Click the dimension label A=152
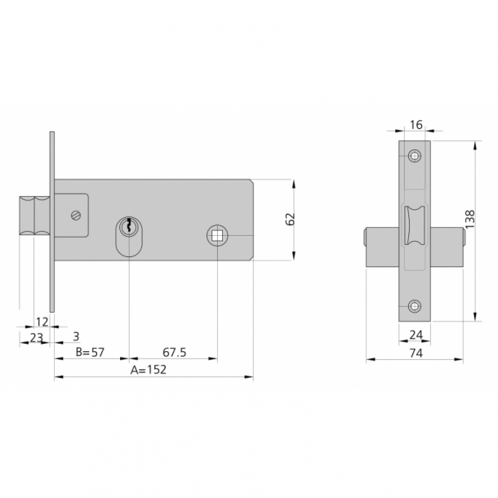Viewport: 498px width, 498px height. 149,370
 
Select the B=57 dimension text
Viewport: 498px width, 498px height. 90,352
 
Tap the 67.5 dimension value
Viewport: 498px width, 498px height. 175,352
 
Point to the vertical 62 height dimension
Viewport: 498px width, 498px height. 291,219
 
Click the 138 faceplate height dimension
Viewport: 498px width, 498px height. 469,219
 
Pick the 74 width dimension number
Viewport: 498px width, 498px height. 416,353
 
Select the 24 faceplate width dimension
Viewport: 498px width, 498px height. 416,335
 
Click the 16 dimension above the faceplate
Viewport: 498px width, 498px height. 416,125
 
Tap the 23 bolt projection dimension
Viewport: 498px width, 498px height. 36,338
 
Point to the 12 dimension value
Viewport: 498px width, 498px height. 42,322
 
